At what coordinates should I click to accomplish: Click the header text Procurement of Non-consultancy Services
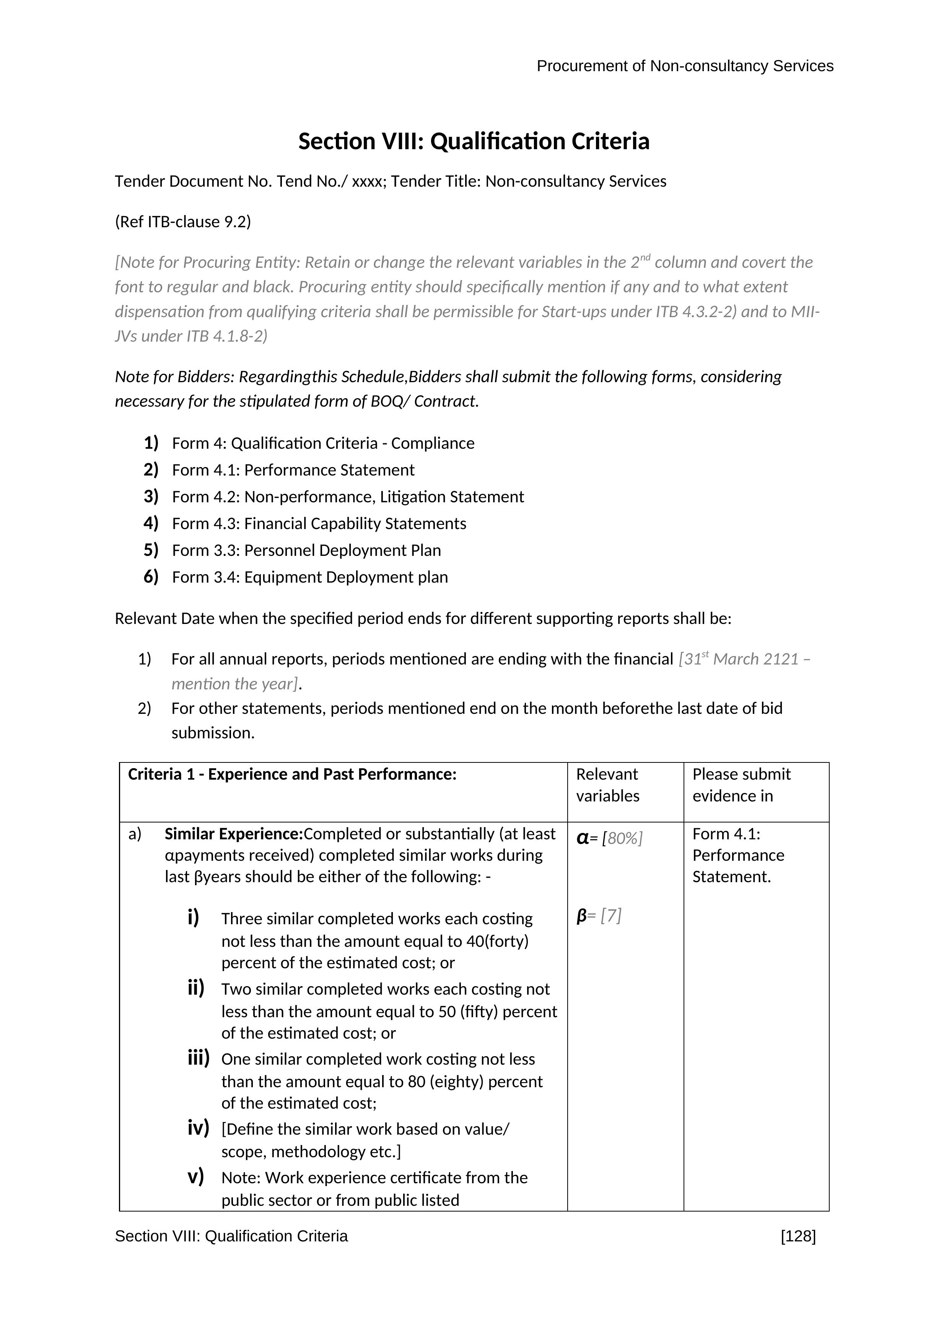click(684, 66)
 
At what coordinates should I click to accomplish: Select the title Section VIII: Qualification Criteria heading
click(474, 142)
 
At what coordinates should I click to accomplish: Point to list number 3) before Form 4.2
click(151, 496)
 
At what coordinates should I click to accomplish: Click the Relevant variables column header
click(608, 785)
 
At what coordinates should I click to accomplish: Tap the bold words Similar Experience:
click(234, 834)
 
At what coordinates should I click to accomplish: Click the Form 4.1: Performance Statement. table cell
click(738, 855)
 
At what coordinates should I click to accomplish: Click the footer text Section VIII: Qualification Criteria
click(231, 1236)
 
